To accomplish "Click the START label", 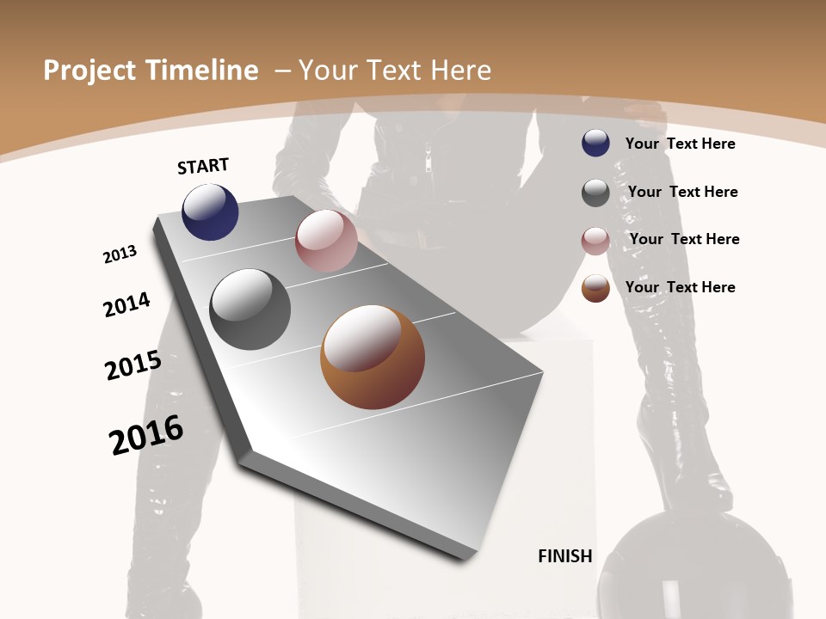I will click(x=203, y=166).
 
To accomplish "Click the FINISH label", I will click(x=565, y=556).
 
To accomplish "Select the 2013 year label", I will click(x=120, y=254).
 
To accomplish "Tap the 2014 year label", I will click(x=126, y=305).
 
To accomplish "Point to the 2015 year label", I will click(x=133, y=365).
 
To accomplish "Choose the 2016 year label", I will click(x=146, y=435).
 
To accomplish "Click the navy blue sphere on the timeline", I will click(x=210, y=211).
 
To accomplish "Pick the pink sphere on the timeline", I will click(x=326, y=241).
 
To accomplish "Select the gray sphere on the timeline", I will click(x=250, y=309).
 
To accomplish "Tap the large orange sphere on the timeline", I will click(x=373, y=357).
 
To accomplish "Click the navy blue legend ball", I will click(x=595, y=143).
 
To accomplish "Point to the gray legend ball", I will click(x=595, y=193).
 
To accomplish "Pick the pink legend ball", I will click(x=595, y=241).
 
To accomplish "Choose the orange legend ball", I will click(x=595, y=288).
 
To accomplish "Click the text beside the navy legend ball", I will click(x=680, y=144).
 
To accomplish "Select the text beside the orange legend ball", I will click(x=680, y=287).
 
